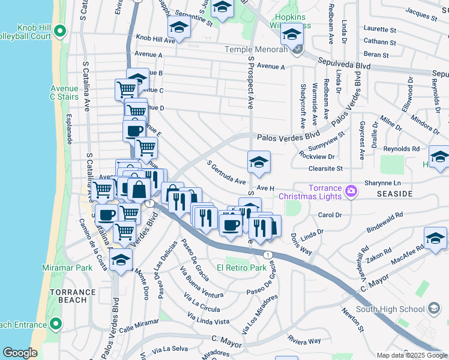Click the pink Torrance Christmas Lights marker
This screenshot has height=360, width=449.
(351, 192)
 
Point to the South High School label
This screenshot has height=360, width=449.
(390, 310)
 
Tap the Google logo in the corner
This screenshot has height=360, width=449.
(20, 353)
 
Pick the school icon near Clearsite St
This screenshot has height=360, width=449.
(259, 162)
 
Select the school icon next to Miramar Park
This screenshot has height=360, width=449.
(121, 260)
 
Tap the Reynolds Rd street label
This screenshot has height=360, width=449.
(402, 149)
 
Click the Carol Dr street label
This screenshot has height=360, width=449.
(330, 214)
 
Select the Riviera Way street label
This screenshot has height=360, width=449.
(304, 340)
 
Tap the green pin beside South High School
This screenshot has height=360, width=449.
(434, 310)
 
